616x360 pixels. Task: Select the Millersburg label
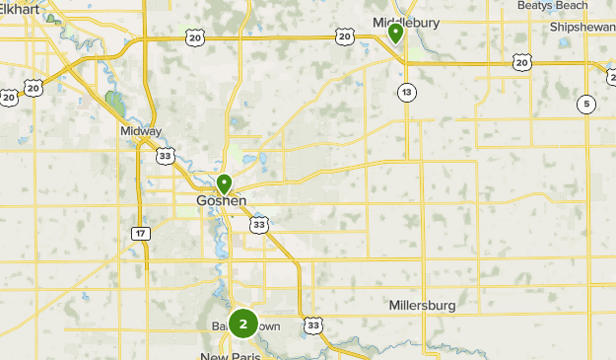[422, 306]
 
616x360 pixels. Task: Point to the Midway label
[140, 131]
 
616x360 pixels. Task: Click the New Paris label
[230, 355]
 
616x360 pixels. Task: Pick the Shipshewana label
[582, 28]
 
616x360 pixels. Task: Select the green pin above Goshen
[225, 182]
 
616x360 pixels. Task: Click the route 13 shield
[406, 92]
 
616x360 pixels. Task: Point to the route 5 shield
[586, 104]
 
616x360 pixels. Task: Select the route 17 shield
[141, 232]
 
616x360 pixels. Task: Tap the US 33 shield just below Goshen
[258, 226]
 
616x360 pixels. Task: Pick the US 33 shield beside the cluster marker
[313, 324]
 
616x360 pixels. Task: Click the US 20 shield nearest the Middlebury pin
[343, 36]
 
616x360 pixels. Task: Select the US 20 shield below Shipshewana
[520, 62]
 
